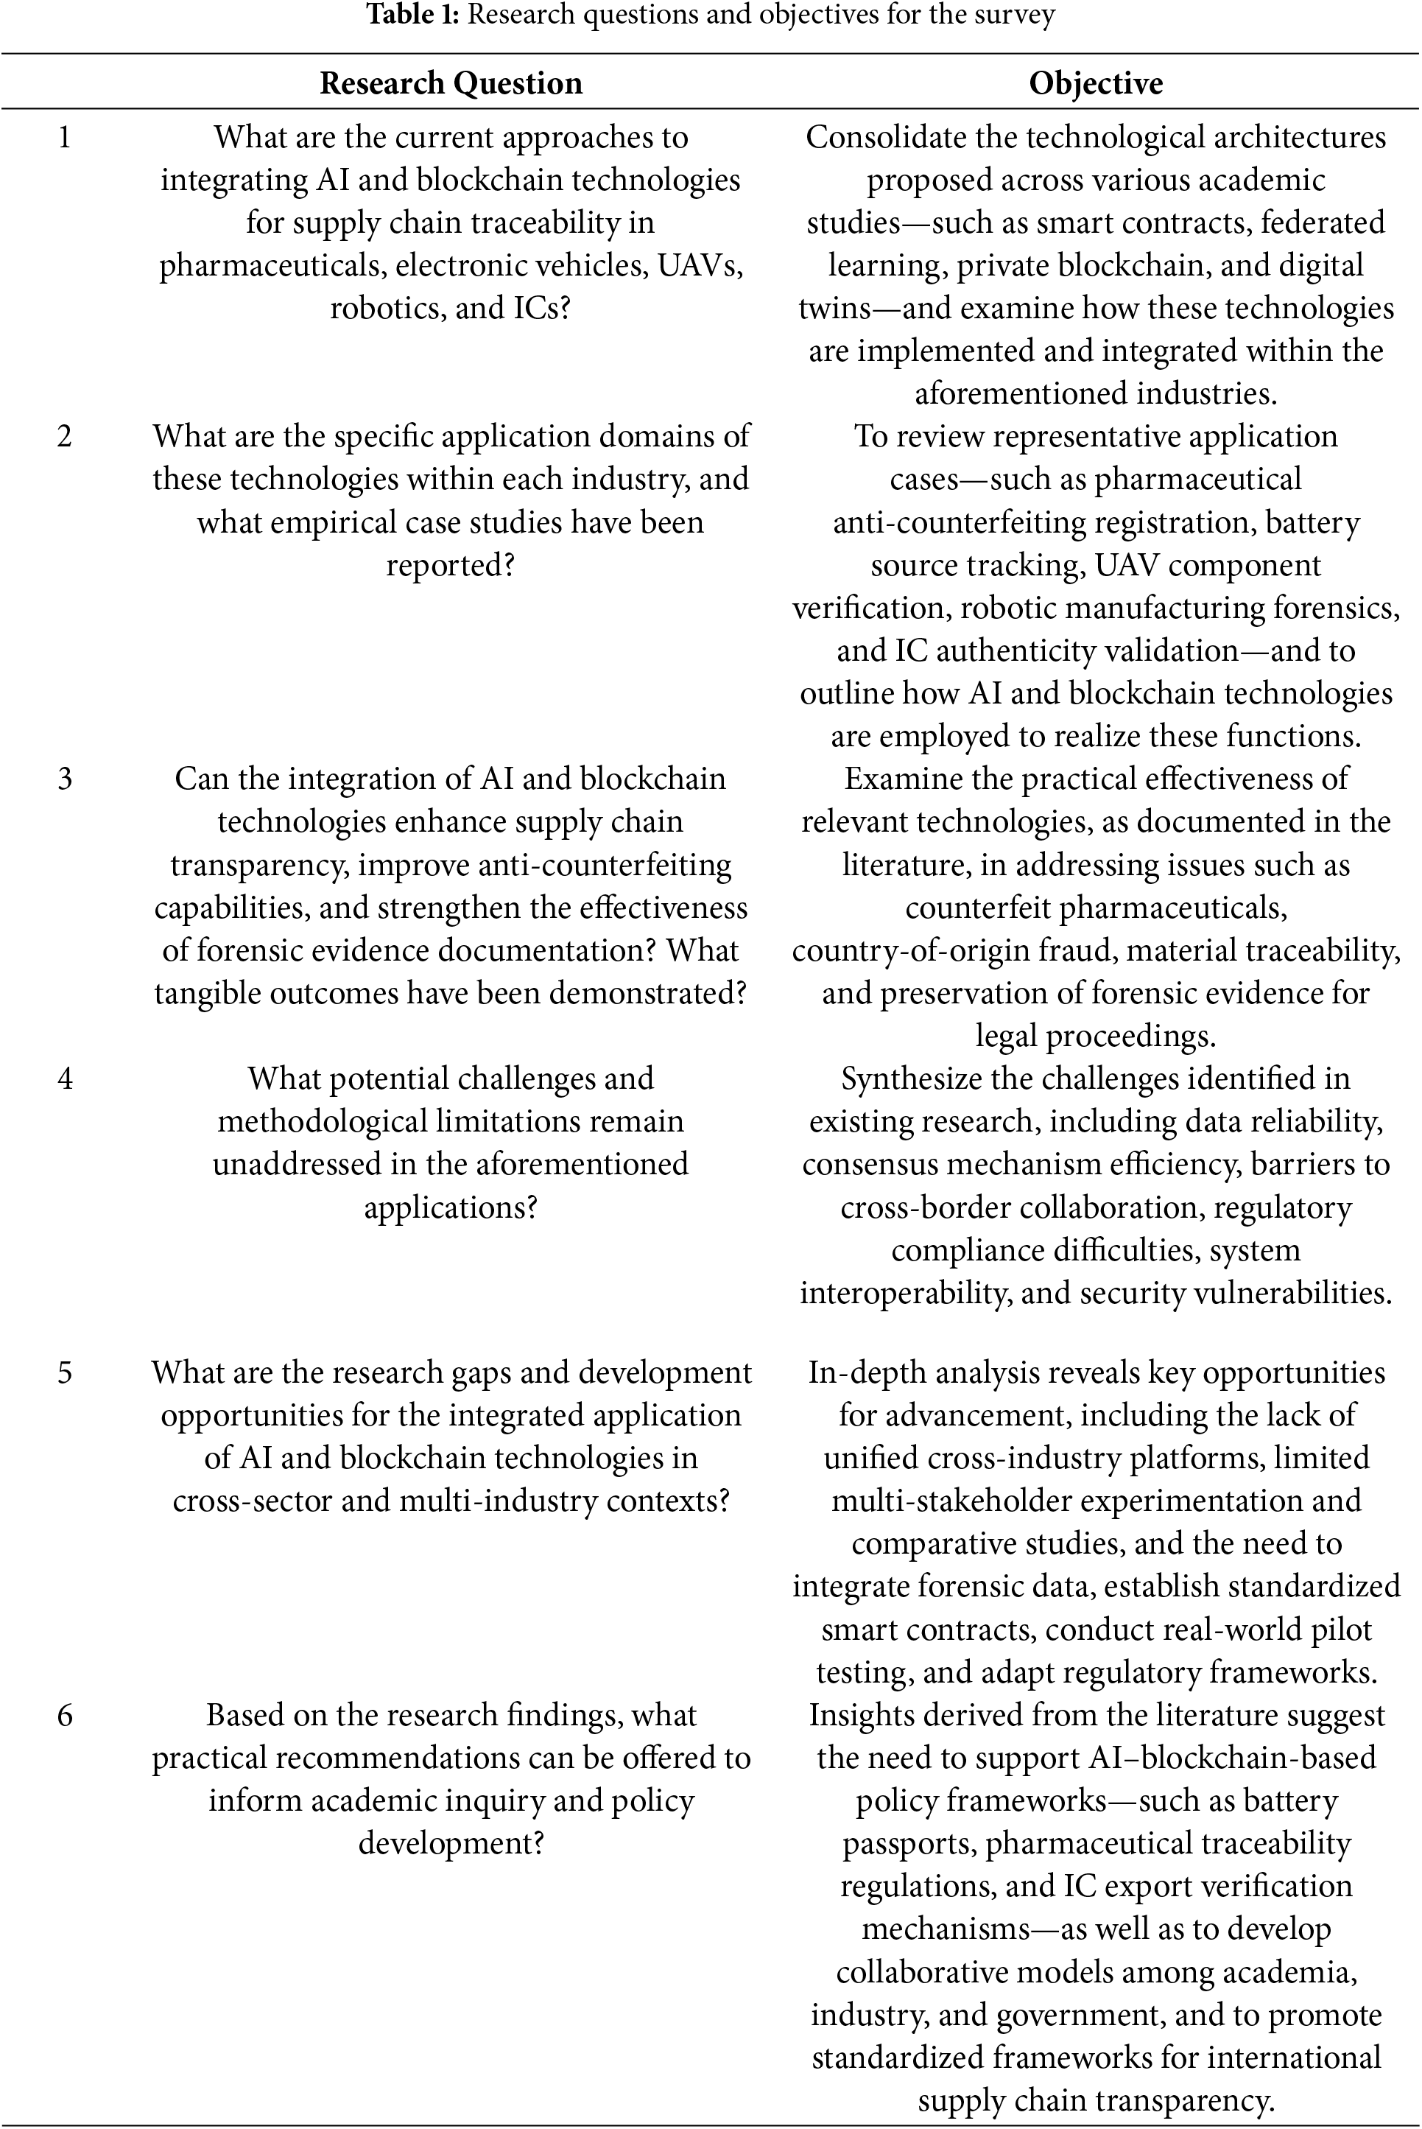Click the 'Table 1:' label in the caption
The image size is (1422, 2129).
tap(412, 15)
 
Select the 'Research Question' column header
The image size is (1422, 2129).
tap(451, 83)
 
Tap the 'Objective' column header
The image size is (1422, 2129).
tap(1096, 83)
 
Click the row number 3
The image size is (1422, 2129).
tap(64, 779)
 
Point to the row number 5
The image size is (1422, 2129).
tap(64, 1372)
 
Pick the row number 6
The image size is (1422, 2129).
tap(64, 1714)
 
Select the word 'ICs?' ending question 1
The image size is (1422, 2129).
tap(541, 307)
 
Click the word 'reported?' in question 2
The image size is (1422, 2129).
tap(451, 565)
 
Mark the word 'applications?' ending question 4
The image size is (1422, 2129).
tap(451, 1207)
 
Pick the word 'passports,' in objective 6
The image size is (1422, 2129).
tap(909, 1843)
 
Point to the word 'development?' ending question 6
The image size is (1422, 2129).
tap(451, 1843)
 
